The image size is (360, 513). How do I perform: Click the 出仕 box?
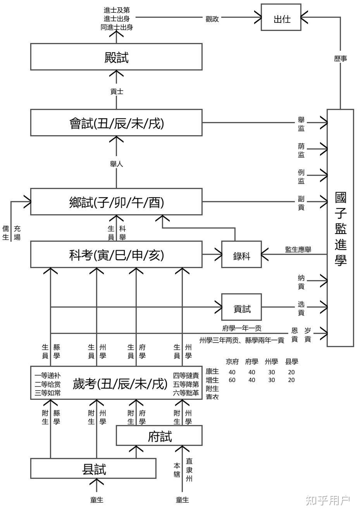(x=281, y=17)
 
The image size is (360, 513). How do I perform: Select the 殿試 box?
(x=116, y=57)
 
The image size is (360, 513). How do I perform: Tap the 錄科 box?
(x=241, y=255)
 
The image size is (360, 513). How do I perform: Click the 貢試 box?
(x=241, y=307)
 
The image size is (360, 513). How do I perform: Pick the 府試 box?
(x=159, y=436)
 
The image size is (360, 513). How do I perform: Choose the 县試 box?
(x=93, y=468)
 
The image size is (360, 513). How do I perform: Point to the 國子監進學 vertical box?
(x=340, y=228)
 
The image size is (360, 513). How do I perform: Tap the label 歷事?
(x=340, y=59)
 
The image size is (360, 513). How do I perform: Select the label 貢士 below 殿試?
(x=116, y=91)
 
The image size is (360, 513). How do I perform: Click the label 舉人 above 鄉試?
(x=116, y=164)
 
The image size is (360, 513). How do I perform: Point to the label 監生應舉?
(x=298, y=250)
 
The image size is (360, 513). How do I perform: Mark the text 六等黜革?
(x=186, y=393)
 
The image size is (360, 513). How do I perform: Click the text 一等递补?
(x=47, y=375)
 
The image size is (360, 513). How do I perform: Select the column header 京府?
(x=232, y=362)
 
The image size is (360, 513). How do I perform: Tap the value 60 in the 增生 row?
(x=232, y=380)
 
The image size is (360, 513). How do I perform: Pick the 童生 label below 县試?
(x=96, y=500)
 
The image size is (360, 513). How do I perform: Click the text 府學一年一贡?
(x=242, y=328)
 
